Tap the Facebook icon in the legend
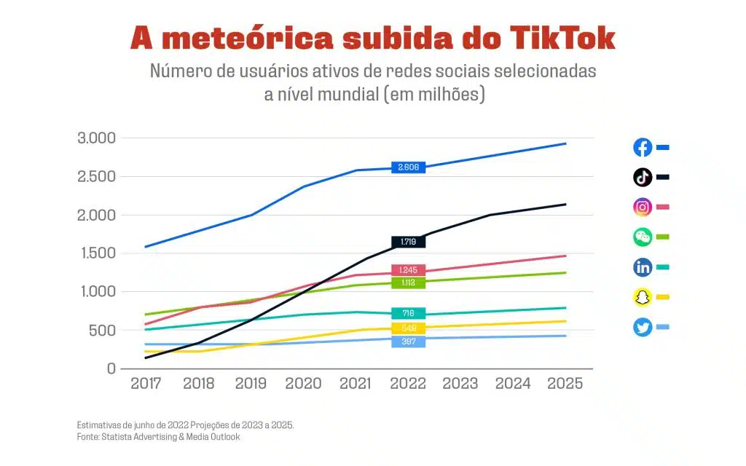(643, 147)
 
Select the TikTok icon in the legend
(643, 177)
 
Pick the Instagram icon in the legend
(643, 207)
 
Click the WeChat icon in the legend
(643, 237)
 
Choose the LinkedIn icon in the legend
(643, 267)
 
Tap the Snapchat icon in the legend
(643, 297)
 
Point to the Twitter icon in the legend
(643, 327)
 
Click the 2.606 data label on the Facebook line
(408, 167)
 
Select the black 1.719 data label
(408, 242)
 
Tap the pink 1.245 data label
(408, 270)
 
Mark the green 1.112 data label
(408, 283)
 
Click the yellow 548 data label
(408, 328)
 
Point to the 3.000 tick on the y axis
(96, 138)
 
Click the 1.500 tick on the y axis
(96, 253)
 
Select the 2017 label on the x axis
(146, 384)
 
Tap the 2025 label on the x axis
(565, 384)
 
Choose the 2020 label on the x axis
(303, 384)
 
